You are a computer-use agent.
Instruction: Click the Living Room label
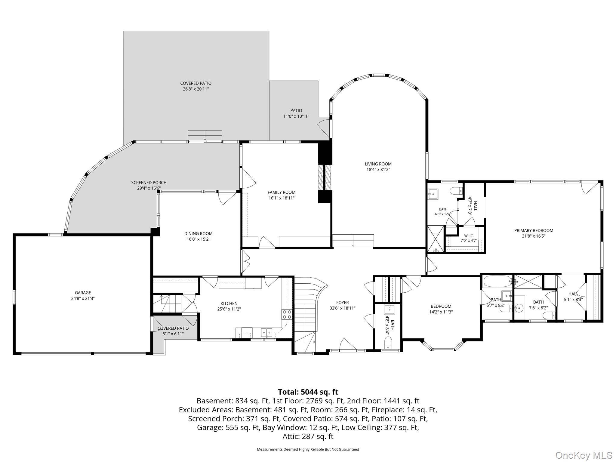(378, 164)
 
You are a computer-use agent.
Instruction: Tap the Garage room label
(83, 293)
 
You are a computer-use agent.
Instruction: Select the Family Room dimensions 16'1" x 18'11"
(282, 198)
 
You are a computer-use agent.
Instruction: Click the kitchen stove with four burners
(287, 314)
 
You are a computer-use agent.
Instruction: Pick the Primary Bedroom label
(534, 230)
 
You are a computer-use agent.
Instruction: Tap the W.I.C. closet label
(469, 236)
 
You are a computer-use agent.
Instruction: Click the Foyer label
(342, 303)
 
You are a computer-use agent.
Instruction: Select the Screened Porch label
(149, 183)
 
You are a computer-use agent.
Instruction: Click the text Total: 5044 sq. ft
(308, 392)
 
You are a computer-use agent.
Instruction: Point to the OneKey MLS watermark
(583, 455)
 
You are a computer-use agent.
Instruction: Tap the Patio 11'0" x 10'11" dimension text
(296, 116)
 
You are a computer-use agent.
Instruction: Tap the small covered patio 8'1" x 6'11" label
(173, 328)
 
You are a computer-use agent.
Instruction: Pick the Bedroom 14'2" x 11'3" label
(441, 306)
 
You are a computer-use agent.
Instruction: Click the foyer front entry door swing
(348, 344)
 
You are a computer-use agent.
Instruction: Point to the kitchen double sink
(266, 332)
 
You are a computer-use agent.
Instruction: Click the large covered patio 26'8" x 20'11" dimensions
(196, 89)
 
